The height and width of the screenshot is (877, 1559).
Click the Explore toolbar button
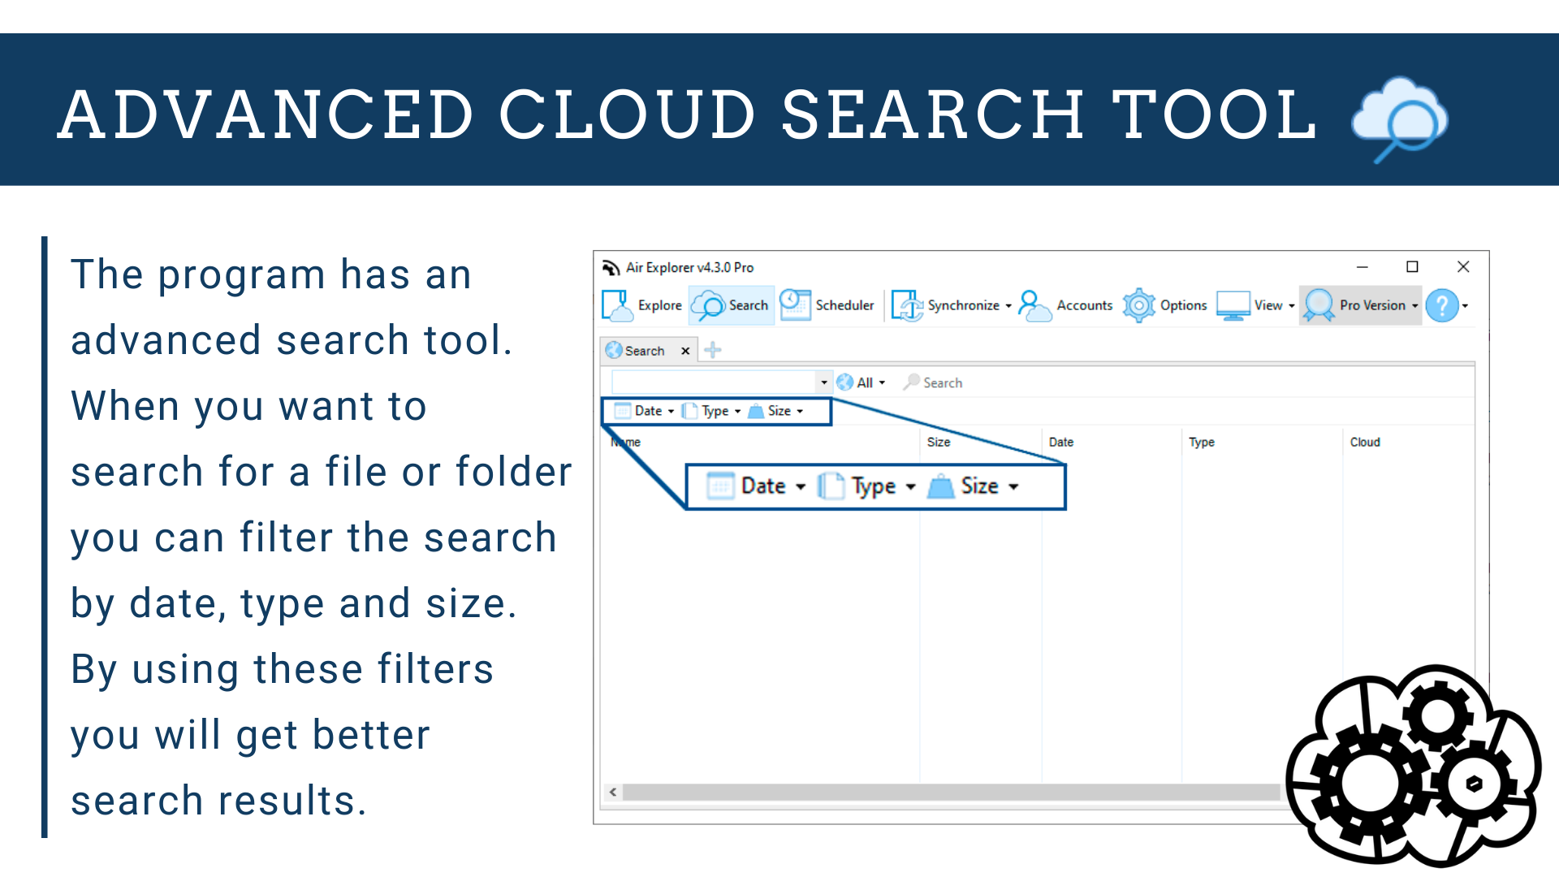pos(642,305)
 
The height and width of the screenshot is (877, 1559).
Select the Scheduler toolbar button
pos(827,305)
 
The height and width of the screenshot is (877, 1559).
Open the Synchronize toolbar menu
pos(952,305)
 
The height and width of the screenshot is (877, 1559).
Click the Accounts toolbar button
pos(1066,305)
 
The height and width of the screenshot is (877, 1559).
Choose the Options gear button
pos(1165,305)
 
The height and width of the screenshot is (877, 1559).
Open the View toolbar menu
pos(1256,305)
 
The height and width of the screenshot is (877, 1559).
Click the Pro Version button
pos(1361,305)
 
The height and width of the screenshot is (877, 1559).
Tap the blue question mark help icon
pos(1442,306)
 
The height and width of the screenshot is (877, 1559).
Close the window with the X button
pos(1463,267)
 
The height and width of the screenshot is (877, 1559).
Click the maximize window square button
pos(1412,267)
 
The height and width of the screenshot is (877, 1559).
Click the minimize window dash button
pos(1363,267)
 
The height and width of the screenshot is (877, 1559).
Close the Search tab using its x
pos(685,351)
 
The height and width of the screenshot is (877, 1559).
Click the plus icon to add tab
pos(713,350)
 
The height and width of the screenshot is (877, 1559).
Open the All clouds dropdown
pos(862,382)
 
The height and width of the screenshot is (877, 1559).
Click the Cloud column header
pos(1365,442)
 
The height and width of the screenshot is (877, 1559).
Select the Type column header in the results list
pos(1202,442)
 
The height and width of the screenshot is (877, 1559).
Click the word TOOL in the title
pos(1213,114)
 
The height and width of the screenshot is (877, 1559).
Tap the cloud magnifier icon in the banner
pos(1400,118)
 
